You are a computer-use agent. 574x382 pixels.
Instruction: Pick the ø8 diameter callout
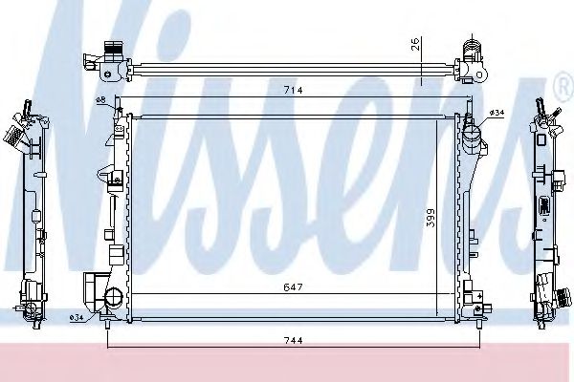point(99,101)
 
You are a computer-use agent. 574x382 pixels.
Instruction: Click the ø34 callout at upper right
point(497,113)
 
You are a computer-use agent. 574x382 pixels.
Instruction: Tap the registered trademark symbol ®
point(563,89)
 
